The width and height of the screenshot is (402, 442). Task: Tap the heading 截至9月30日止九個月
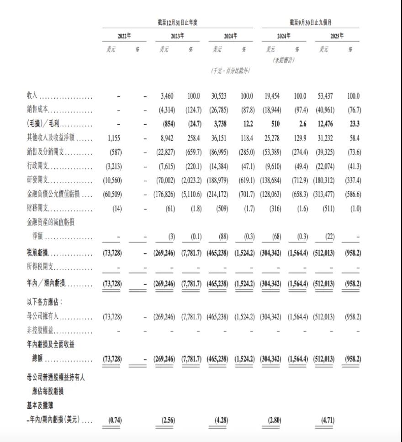[x=310, y=22]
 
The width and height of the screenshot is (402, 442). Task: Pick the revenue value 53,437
[x=324, y=96]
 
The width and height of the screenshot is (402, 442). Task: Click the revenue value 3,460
[x=168, y=96]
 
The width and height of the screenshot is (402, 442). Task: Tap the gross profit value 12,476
[x=324, y=125]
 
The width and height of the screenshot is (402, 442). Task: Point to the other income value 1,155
[x=114, y=138]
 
